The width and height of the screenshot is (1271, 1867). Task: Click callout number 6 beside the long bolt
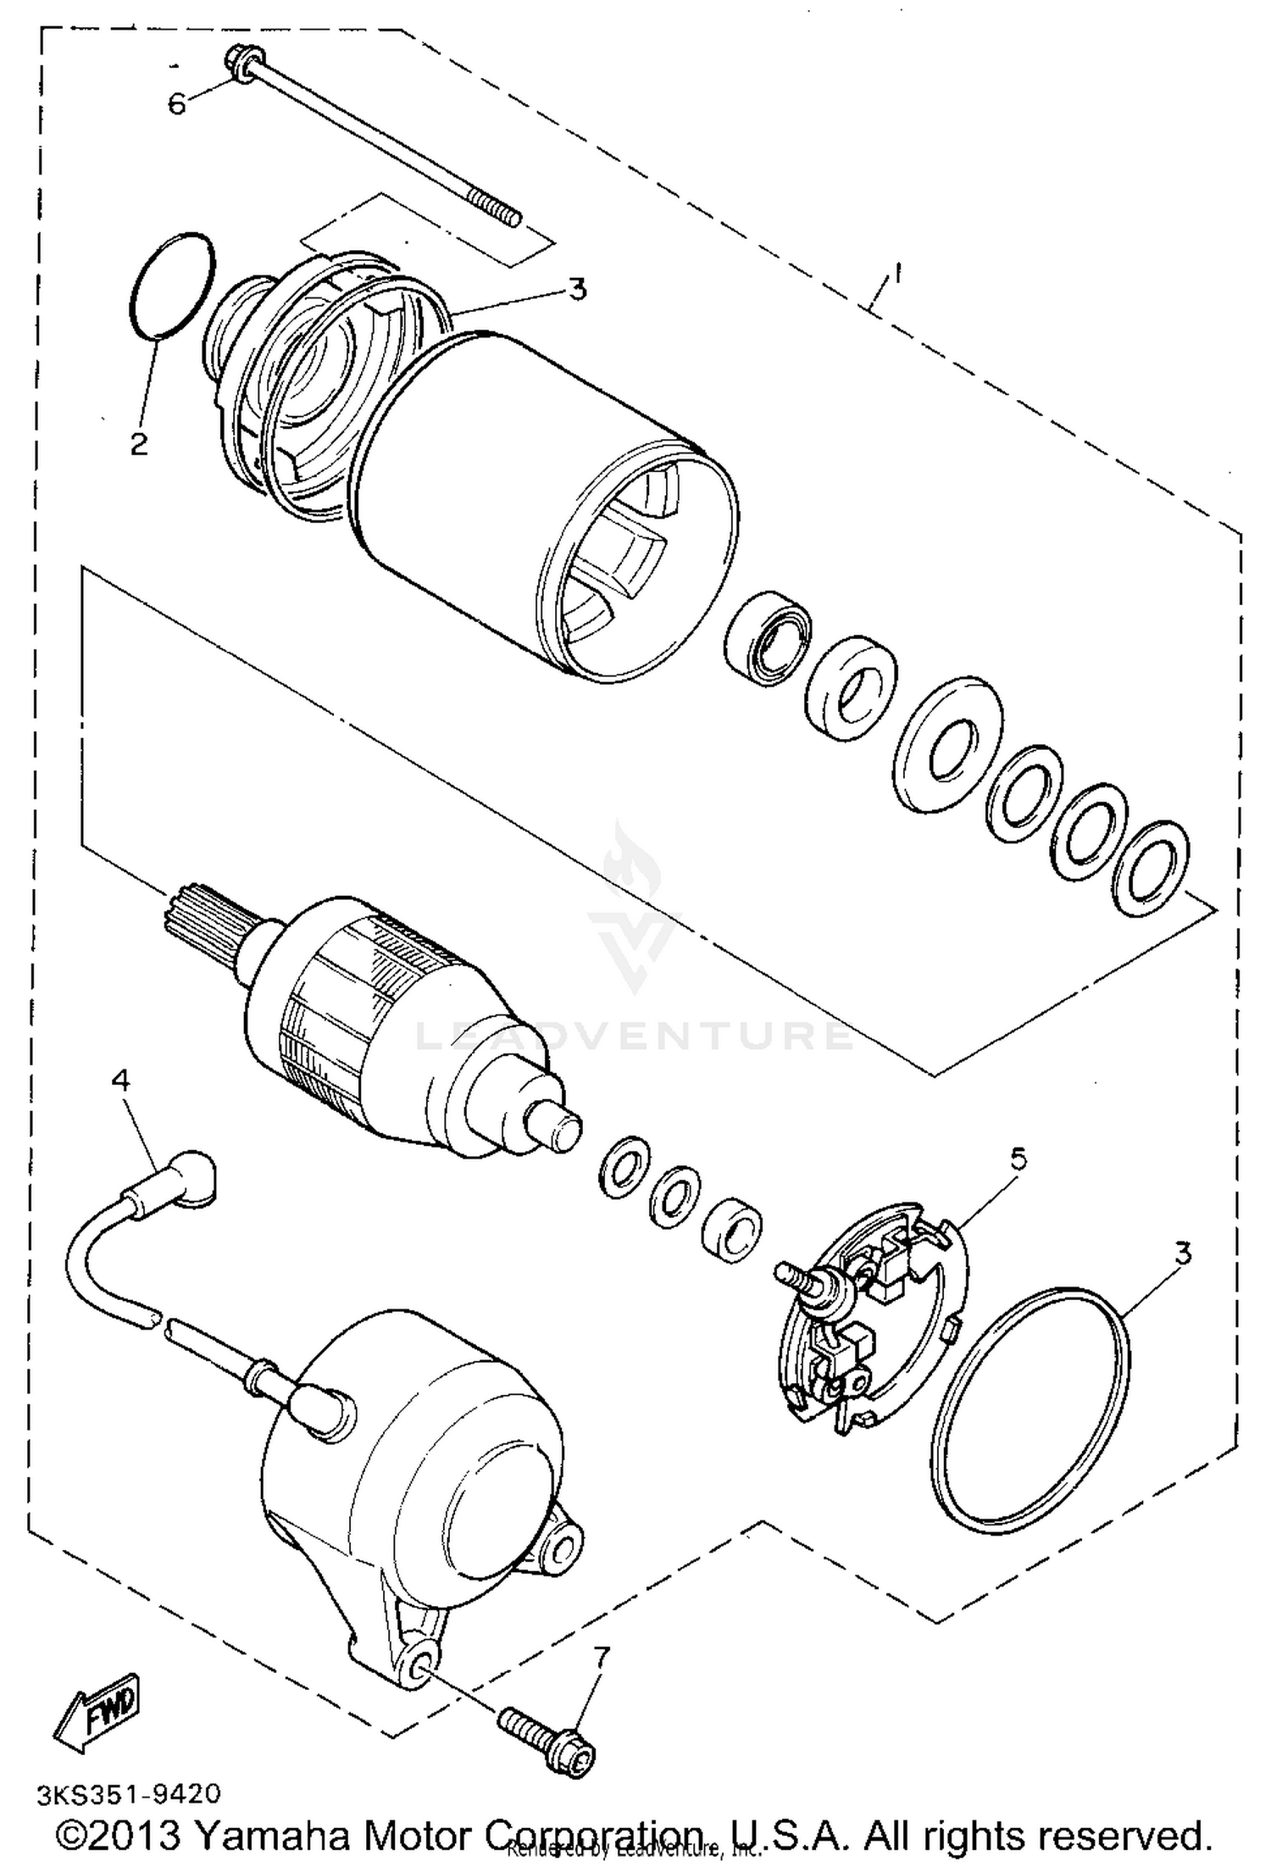[176, 104]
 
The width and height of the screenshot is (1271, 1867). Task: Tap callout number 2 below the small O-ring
[139, 442]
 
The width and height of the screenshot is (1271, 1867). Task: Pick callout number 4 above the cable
[121, 1080]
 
